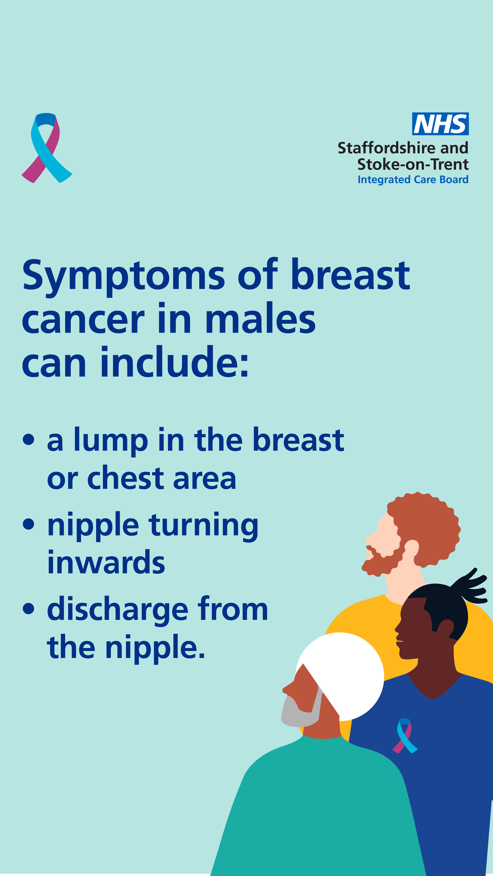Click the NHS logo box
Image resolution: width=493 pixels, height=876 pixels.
pos(440,124)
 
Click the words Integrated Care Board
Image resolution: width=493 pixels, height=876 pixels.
pos(413,180)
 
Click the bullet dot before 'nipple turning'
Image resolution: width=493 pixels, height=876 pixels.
pos(29,524)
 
